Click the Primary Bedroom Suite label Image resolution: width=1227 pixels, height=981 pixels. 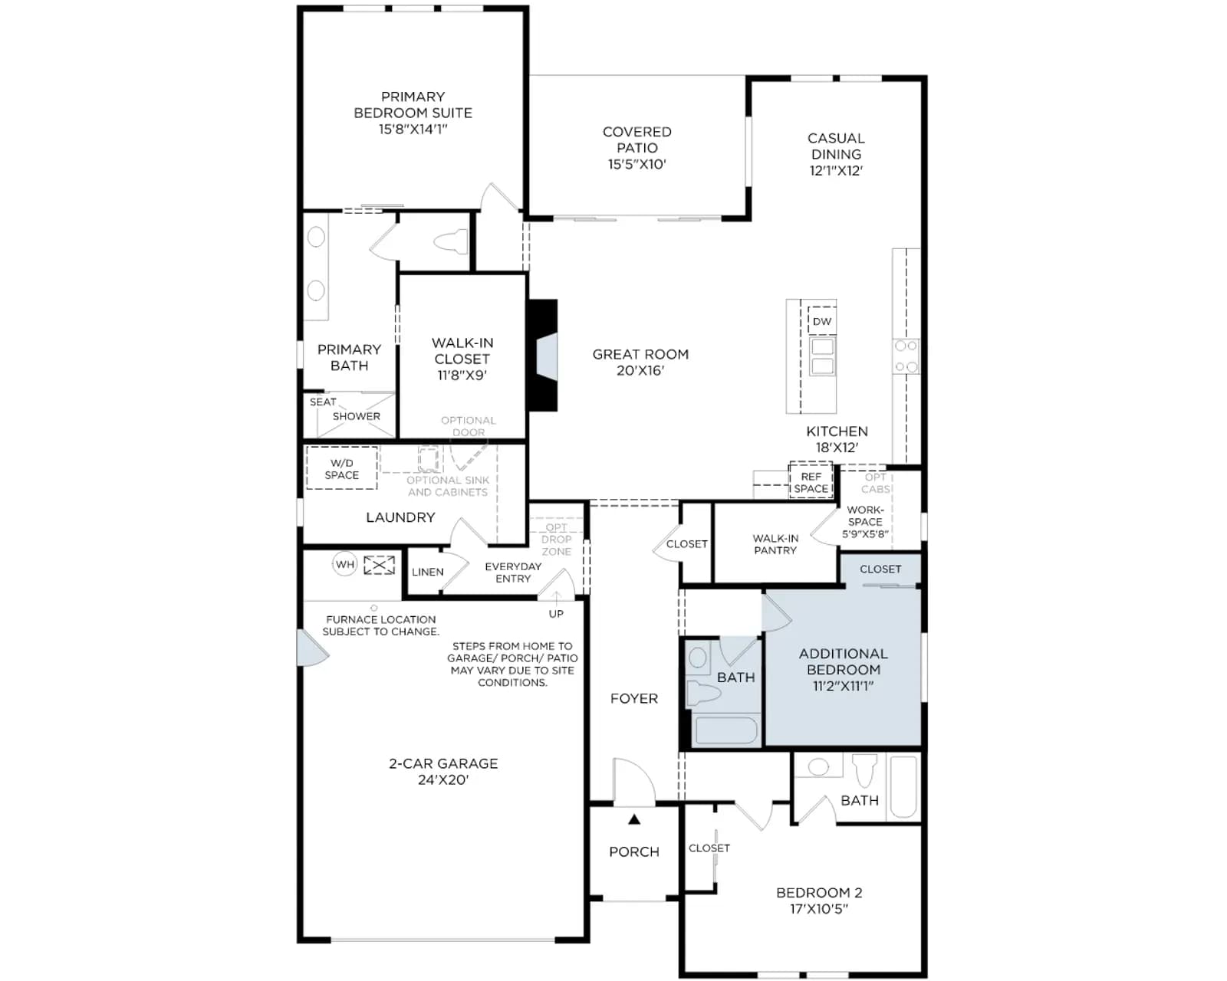tap(413, 113)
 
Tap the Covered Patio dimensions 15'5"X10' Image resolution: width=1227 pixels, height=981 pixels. tap(637, 164)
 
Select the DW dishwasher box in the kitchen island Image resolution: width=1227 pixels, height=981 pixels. tap(821, 321)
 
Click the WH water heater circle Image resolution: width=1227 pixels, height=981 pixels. tap(345, 564)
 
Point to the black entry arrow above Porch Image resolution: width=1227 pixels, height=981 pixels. tap(634, 819)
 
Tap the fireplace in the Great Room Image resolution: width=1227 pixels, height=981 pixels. tap(542, 355)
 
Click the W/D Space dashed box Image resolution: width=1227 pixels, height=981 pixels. tap(342, 468)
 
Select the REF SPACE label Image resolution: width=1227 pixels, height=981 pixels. tap(811, 482)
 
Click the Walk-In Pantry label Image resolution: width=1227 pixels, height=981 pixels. tap(775, 544)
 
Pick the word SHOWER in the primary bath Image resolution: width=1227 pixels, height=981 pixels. tap(357, 416)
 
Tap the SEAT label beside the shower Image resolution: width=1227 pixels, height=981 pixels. tap(323, 402)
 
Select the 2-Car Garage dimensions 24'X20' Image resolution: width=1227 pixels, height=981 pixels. tap(443, 779)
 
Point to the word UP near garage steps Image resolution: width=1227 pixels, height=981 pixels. tap(556, 614)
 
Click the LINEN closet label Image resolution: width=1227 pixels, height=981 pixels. tap(428, 572)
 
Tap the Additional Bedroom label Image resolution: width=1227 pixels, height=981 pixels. tap(844, 661)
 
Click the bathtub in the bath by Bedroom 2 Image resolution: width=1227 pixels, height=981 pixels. tap(903, 786)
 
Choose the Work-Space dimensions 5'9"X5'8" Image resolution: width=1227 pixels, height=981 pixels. tap(865, 534)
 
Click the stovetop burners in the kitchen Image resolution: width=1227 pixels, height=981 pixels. tap(906, 356)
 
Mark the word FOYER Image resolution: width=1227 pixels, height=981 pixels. tap(634, 698)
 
